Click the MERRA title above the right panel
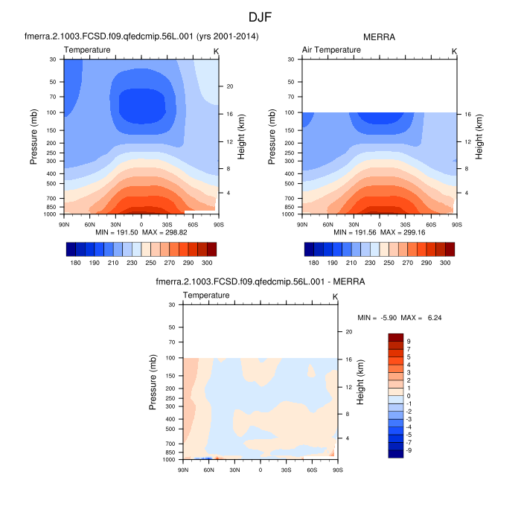pyautogui.click(x=379, y=36)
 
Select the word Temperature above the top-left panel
pyautogui.click(x=88, y=50)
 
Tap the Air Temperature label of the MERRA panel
pyautogui.click(x=331, y=50)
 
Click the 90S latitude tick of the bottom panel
pyautogui.click(x=336, y=469)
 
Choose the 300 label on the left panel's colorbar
pyautogui.click(x=208, y=263)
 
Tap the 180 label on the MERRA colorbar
pyautogui.click(x=313, y=263)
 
